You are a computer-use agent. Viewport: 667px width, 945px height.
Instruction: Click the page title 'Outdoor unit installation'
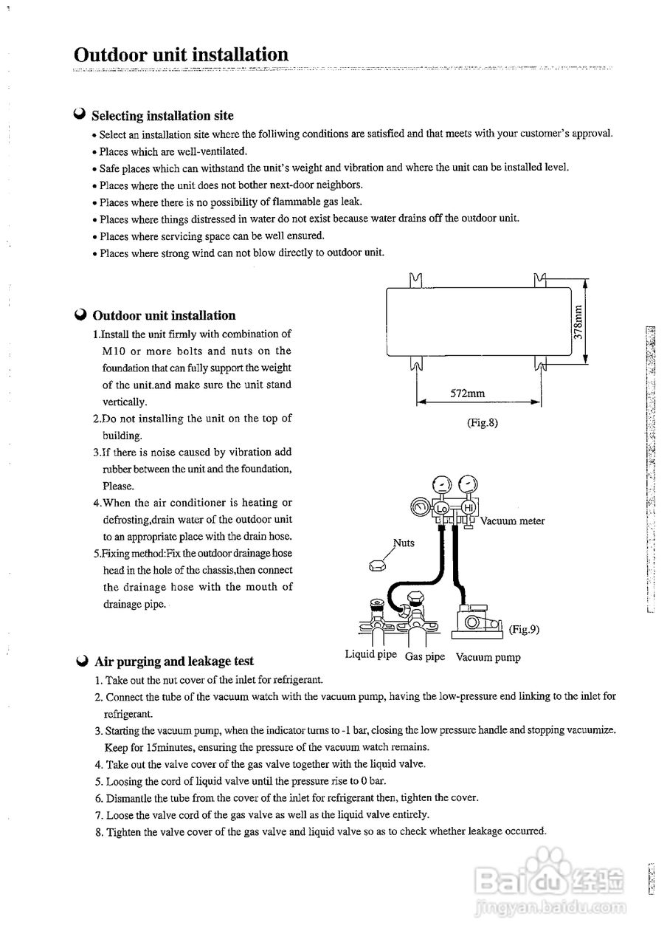pyautogui.click(x=181, y=55)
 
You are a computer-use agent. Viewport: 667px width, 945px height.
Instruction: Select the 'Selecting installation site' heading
pyautogui.click(x=162, y=116)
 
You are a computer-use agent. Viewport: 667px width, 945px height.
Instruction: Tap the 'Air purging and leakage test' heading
pyautogui.click(x=174, y=661)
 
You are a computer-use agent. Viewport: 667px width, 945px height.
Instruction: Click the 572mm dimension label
pyautogui.click(x=468, y=394)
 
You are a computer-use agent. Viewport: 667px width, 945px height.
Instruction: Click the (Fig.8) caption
pyautogui.click(x=483, y=423)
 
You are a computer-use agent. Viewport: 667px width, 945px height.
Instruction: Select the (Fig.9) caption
pyautogui.click(x=525, y=630)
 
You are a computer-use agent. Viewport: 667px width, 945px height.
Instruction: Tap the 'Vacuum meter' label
pyautogui.click(x=512, y=521)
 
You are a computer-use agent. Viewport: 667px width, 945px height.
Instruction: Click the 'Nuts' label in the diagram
pyautogui.click(x=404, y=543)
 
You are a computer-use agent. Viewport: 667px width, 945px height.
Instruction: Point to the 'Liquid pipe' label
pyautogui.click(x=370, y=655)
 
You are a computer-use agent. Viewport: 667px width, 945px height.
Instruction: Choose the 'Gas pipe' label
pyautogui.click(x=425, y=656)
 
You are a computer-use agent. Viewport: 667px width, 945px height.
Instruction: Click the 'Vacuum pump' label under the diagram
pyautogui.click(x=488, y=656)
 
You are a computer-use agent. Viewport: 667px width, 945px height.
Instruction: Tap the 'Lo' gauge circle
pyautogui.click(x=442, y=509)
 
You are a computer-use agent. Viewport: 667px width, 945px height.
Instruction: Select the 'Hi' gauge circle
pyautogui.click(x=466, y=508)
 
